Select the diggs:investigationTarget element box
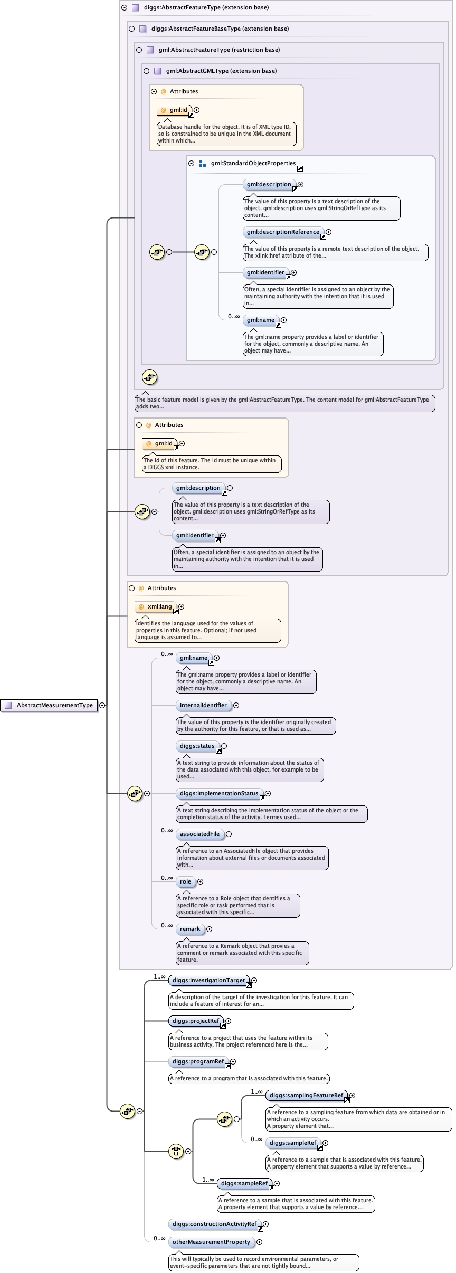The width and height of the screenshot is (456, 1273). (x=208, y=980)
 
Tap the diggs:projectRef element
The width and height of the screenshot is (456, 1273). (x=195, y=1021)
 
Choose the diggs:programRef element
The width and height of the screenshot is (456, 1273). (x=198, y=1061)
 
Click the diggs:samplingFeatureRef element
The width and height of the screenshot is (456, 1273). (x=306, y=1095)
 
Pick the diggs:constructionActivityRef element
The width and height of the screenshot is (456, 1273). (x=214, y=1224)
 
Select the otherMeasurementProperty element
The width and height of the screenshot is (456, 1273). (x=211, y=1242)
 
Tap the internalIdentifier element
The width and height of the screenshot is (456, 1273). (x=203, y=705)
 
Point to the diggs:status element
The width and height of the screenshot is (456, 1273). (x=197, y=746)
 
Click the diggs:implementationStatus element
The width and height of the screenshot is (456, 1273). (x=219, y=793)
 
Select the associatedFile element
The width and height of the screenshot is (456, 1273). (x=199, y=834)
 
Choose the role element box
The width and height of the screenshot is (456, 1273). (x=185, y=881)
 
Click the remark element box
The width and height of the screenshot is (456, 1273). (x=190, y=929)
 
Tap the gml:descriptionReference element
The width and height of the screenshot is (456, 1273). (x=283, y=232)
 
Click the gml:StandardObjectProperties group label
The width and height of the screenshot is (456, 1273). (x=253, y=163)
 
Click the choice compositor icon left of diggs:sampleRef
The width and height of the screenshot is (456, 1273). (x=176, y=1151)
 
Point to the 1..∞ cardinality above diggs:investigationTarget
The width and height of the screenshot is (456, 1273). (x=159, y=976)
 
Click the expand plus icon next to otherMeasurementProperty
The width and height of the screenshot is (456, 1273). (x=259, y=1242)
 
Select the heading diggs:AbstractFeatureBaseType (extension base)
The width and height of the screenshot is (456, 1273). (x=220, y=28)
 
